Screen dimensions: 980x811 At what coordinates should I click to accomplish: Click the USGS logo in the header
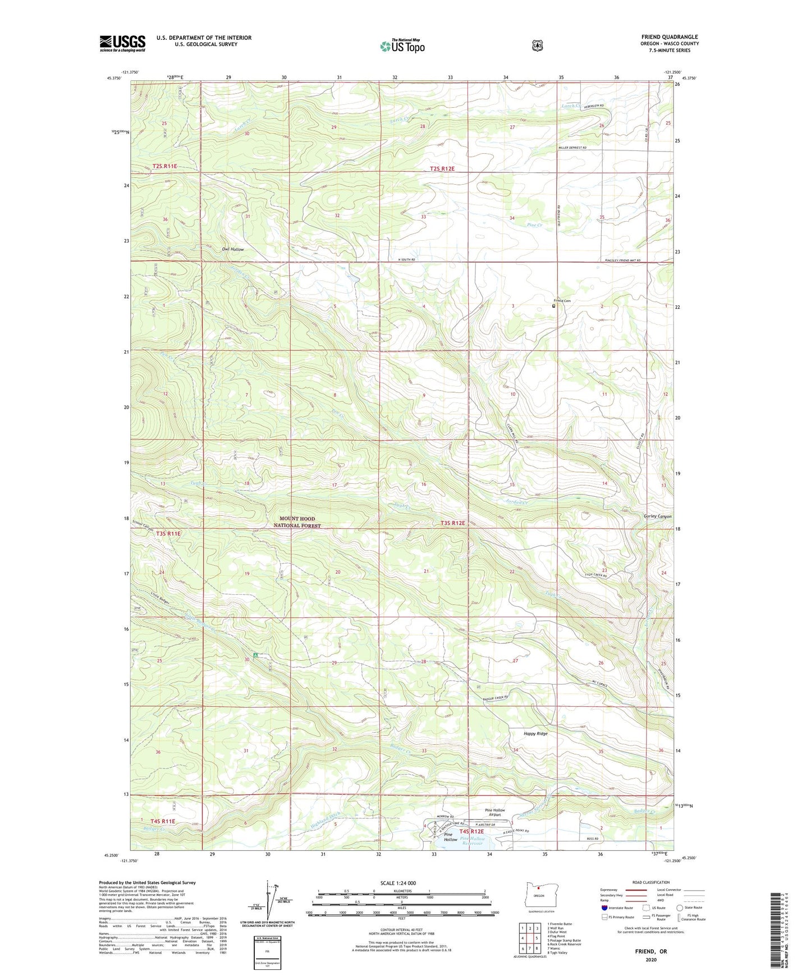click(x=122, y=43)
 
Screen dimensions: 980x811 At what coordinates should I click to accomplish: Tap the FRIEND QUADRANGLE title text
click(x=670, y=37)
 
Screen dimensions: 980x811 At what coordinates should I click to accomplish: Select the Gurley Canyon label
click(x=657, y=516)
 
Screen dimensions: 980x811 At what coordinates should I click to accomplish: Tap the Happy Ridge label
click(x=535, y=734)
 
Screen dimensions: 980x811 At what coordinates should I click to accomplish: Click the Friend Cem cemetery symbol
click(x=553, y=306)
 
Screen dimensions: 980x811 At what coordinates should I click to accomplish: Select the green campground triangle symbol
click(x=255, y=654)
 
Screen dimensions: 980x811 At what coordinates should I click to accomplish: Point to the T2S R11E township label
click(x=164, y=166)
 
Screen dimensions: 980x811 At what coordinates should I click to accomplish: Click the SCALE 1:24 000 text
click(x=398, y=883)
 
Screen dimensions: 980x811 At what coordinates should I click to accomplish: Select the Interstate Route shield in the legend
click(x=604, y=907)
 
